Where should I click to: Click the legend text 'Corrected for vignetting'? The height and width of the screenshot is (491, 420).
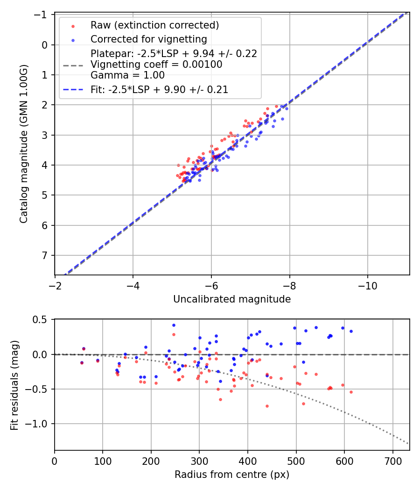click(149, 39)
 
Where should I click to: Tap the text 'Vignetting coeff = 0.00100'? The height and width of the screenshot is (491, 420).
click(156, 65)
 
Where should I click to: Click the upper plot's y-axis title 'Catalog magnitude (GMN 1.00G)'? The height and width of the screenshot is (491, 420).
click(24, 144)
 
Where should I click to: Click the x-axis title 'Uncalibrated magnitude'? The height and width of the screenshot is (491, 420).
click(232, 299)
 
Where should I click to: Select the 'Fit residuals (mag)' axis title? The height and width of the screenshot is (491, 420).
click(14, 384)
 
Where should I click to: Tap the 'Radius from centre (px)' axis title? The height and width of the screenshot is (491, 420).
click(232, 475)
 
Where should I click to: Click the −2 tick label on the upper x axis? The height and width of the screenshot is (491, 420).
click(55, 285)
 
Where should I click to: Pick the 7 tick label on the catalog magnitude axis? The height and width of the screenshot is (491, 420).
click(45, 255)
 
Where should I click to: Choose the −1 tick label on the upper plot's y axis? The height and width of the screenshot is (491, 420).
click(43, 15)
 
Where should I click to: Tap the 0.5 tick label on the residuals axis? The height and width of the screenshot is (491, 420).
click(42, 320)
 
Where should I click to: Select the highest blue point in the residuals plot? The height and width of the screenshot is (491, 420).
click(174, 325)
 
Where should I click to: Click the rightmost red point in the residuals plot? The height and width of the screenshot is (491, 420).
click(351, 392)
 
